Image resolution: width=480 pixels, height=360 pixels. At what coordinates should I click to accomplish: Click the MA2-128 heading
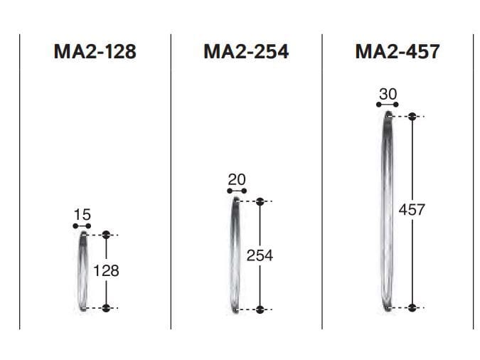[x=95, y=51]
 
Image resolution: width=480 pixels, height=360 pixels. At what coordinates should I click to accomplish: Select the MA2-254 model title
[x=246, y=51]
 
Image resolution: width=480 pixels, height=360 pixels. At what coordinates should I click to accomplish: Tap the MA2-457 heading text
[x=398, y=51]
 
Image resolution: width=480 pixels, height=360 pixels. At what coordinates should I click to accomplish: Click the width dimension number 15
[x=82, y=214]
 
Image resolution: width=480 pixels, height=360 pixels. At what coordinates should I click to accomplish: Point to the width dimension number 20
[x=237, y=179]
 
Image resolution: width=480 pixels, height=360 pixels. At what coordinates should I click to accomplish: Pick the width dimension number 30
[x=388, y=94]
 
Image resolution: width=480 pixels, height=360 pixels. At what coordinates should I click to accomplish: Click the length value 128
[x=106, y=271]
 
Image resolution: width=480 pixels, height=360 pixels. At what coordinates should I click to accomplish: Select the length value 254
[x=260, y=255]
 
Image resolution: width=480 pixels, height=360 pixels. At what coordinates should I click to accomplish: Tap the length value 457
[x=412, y=210]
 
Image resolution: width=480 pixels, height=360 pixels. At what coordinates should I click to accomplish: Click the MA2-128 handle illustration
[x=82, y=271]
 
